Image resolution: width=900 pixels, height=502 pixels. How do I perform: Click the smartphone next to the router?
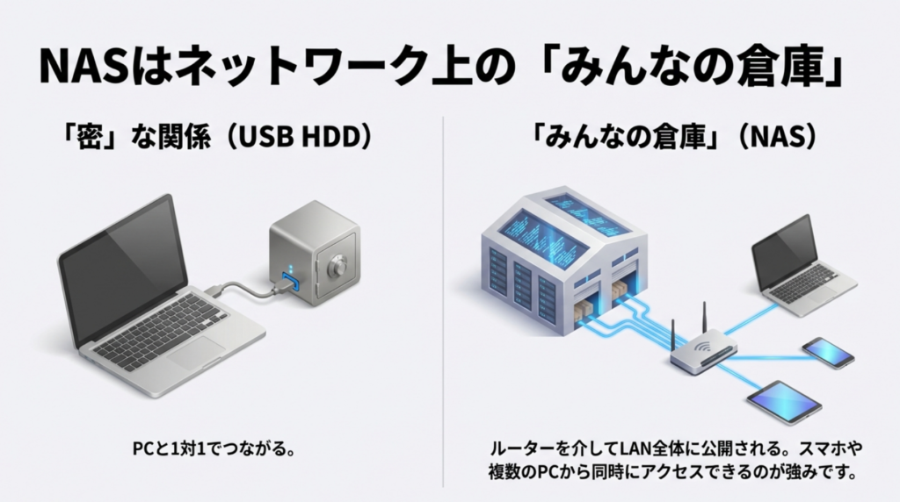[828, 352]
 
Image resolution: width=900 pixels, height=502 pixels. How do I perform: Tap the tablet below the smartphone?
[783, 401]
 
